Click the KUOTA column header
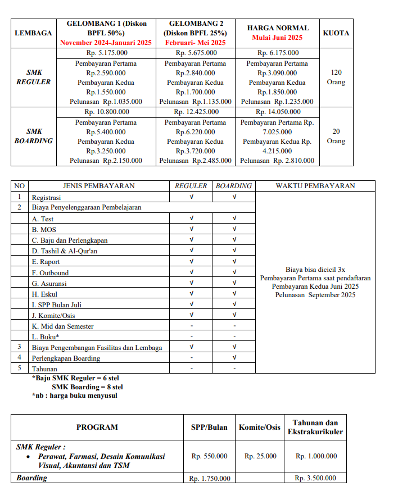coord(336,33)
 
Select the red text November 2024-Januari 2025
coord(107,42)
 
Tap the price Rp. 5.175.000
coord(107,53)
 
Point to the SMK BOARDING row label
coord(34,136)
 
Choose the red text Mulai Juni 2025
coord(278,38)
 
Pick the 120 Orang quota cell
coord(336,77)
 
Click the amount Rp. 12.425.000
coord(196,112)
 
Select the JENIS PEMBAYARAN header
coord(98,186)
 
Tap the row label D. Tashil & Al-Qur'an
coord(65,251)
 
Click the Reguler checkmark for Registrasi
coord(191,197)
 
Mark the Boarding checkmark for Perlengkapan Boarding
coord(234,357)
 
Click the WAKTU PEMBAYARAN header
coord(315,186)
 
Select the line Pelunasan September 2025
coord(315,295)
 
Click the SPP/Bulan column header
coord(209,427)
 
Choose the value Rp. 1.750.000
coord(209,478)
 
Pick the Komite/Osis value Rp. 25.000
coord(260,456)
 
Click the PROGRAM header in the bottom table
coord(97,427)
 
